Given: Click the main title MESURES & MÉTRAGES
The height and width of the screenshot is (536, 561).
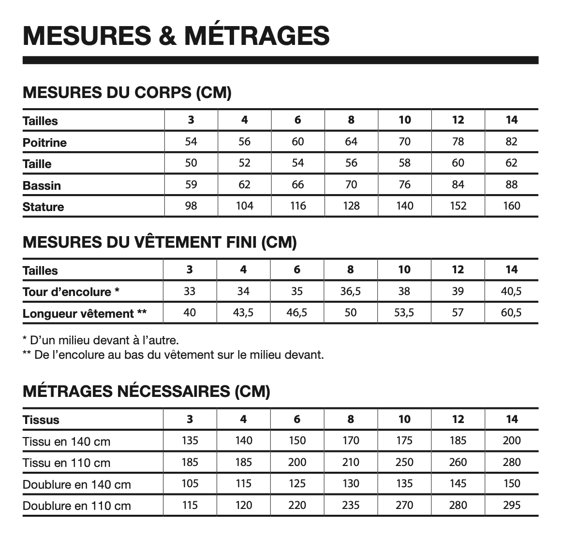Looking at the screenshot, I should pyautogui.click(x=176, y=35).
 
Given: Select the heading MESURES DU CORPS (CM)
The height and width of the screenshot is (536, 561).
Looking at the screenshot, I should pyautogui.click(x=127, y=92).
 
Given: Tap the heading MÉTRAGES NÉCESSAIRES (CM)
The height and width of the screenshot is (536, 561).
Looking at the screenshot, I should pyautogui.click(x=146, y=391).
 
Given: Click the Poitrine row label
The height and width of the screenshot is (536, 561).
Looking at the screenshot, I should pyautogui.click(x=44, y=142).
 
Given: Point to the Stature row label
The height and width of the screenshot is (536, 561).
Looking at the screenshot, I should pyautogui.click(x=43, y=207).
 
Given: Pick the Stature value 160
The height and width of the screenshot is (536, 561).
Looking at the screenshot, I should pyautogui.click(x=511, y=206).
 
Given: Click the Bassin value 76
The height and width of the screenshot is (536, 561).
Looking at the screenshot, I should pyautogui.click(x=404, y=184).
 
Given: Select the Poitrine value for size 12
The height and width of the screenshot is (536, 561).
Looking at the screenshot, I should pyautogui.click(x=458, y=141).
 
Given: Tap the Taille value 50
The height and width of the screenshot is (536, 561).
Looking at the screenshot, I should pyautogui.click(x=191, y=163).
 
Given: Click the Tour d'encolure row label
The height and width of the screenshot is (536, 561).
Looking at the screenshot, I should pyautogui.click(x=71, y=292).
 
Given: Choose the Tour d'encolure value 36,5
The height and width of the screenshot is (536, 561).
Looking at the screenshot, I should pyautogui.click(x=351, y=291).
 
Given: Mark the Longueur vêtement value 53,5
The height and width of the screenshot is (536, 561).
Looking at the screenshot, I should pyautogui.click(x=404, y=312).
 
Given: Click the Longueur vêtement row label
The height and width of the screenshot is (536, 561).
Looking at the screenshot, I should pyautogui.click(x=85, y=313).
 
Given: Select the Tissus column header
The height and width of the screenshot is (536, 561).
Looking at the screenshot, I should pyautogui.click(x=41, y=420).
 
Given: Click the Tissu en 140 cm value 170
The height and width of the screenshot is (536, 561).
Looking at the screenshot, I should pyautogui.click(x=351, y=440).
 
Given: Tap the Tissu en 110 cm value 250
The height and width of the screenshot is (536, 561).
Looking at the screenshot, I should pyautogui.click(x=404, y=462).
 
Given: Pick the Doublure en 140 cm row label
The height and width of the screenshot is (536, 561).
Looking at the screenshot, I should pyautogui.click(x=76, y=484).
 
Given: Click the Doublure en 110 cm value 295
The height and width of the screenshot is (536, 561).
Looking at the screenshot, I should pyautogui.click(x=511, y=505).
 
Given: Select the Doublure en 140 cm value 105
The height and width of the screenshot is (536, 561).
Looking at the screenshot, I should pyautogui.click(x=190, y=483).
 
